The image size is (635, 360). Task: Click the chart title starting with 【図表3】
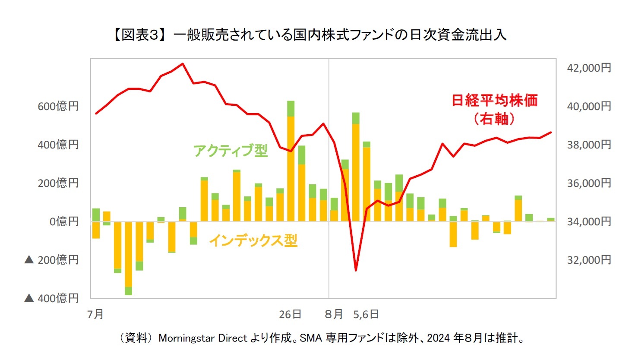(x=309, y=35)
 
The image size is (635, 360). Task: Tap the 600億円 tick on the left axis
(x=58, y=106)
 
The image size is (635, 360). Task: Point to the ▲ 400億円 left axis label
(x=52, y=298)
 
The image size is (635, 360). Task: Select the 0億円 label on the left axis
(x=64, y=221)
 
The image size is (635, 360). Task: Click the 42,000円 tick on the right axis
(x=589, y=68)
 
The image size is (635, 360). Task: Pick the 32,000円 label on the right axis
(x=589, y=260)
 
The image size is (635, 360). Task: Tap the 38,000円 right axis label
(x=589, y=145)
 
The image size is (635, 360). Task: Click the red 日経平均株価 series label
(x=495, y=101)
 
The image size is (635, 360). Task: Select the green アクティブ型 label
(x=231, y=151)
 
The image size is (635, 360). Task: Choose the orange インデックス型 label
(x=253, y=240)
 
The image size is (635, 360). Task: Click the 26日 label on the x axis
(x=290, y=314)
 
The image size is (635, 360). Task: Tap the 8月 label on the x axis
(x=334, y=314)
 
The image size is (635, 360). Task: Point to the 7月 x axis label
(x=95, y=314)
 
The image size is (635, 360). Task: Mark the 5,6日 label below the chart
(x=366, y=314)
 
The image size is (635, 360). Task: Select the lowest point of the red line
(x=356, y=270)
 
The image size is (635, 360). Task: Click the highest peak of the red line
(x=183, y=64)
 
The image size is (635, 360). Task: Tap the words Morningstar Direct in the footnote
(x=203, y=338)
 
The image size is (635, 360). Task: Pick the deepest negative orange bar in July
(x=128, y=255)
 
